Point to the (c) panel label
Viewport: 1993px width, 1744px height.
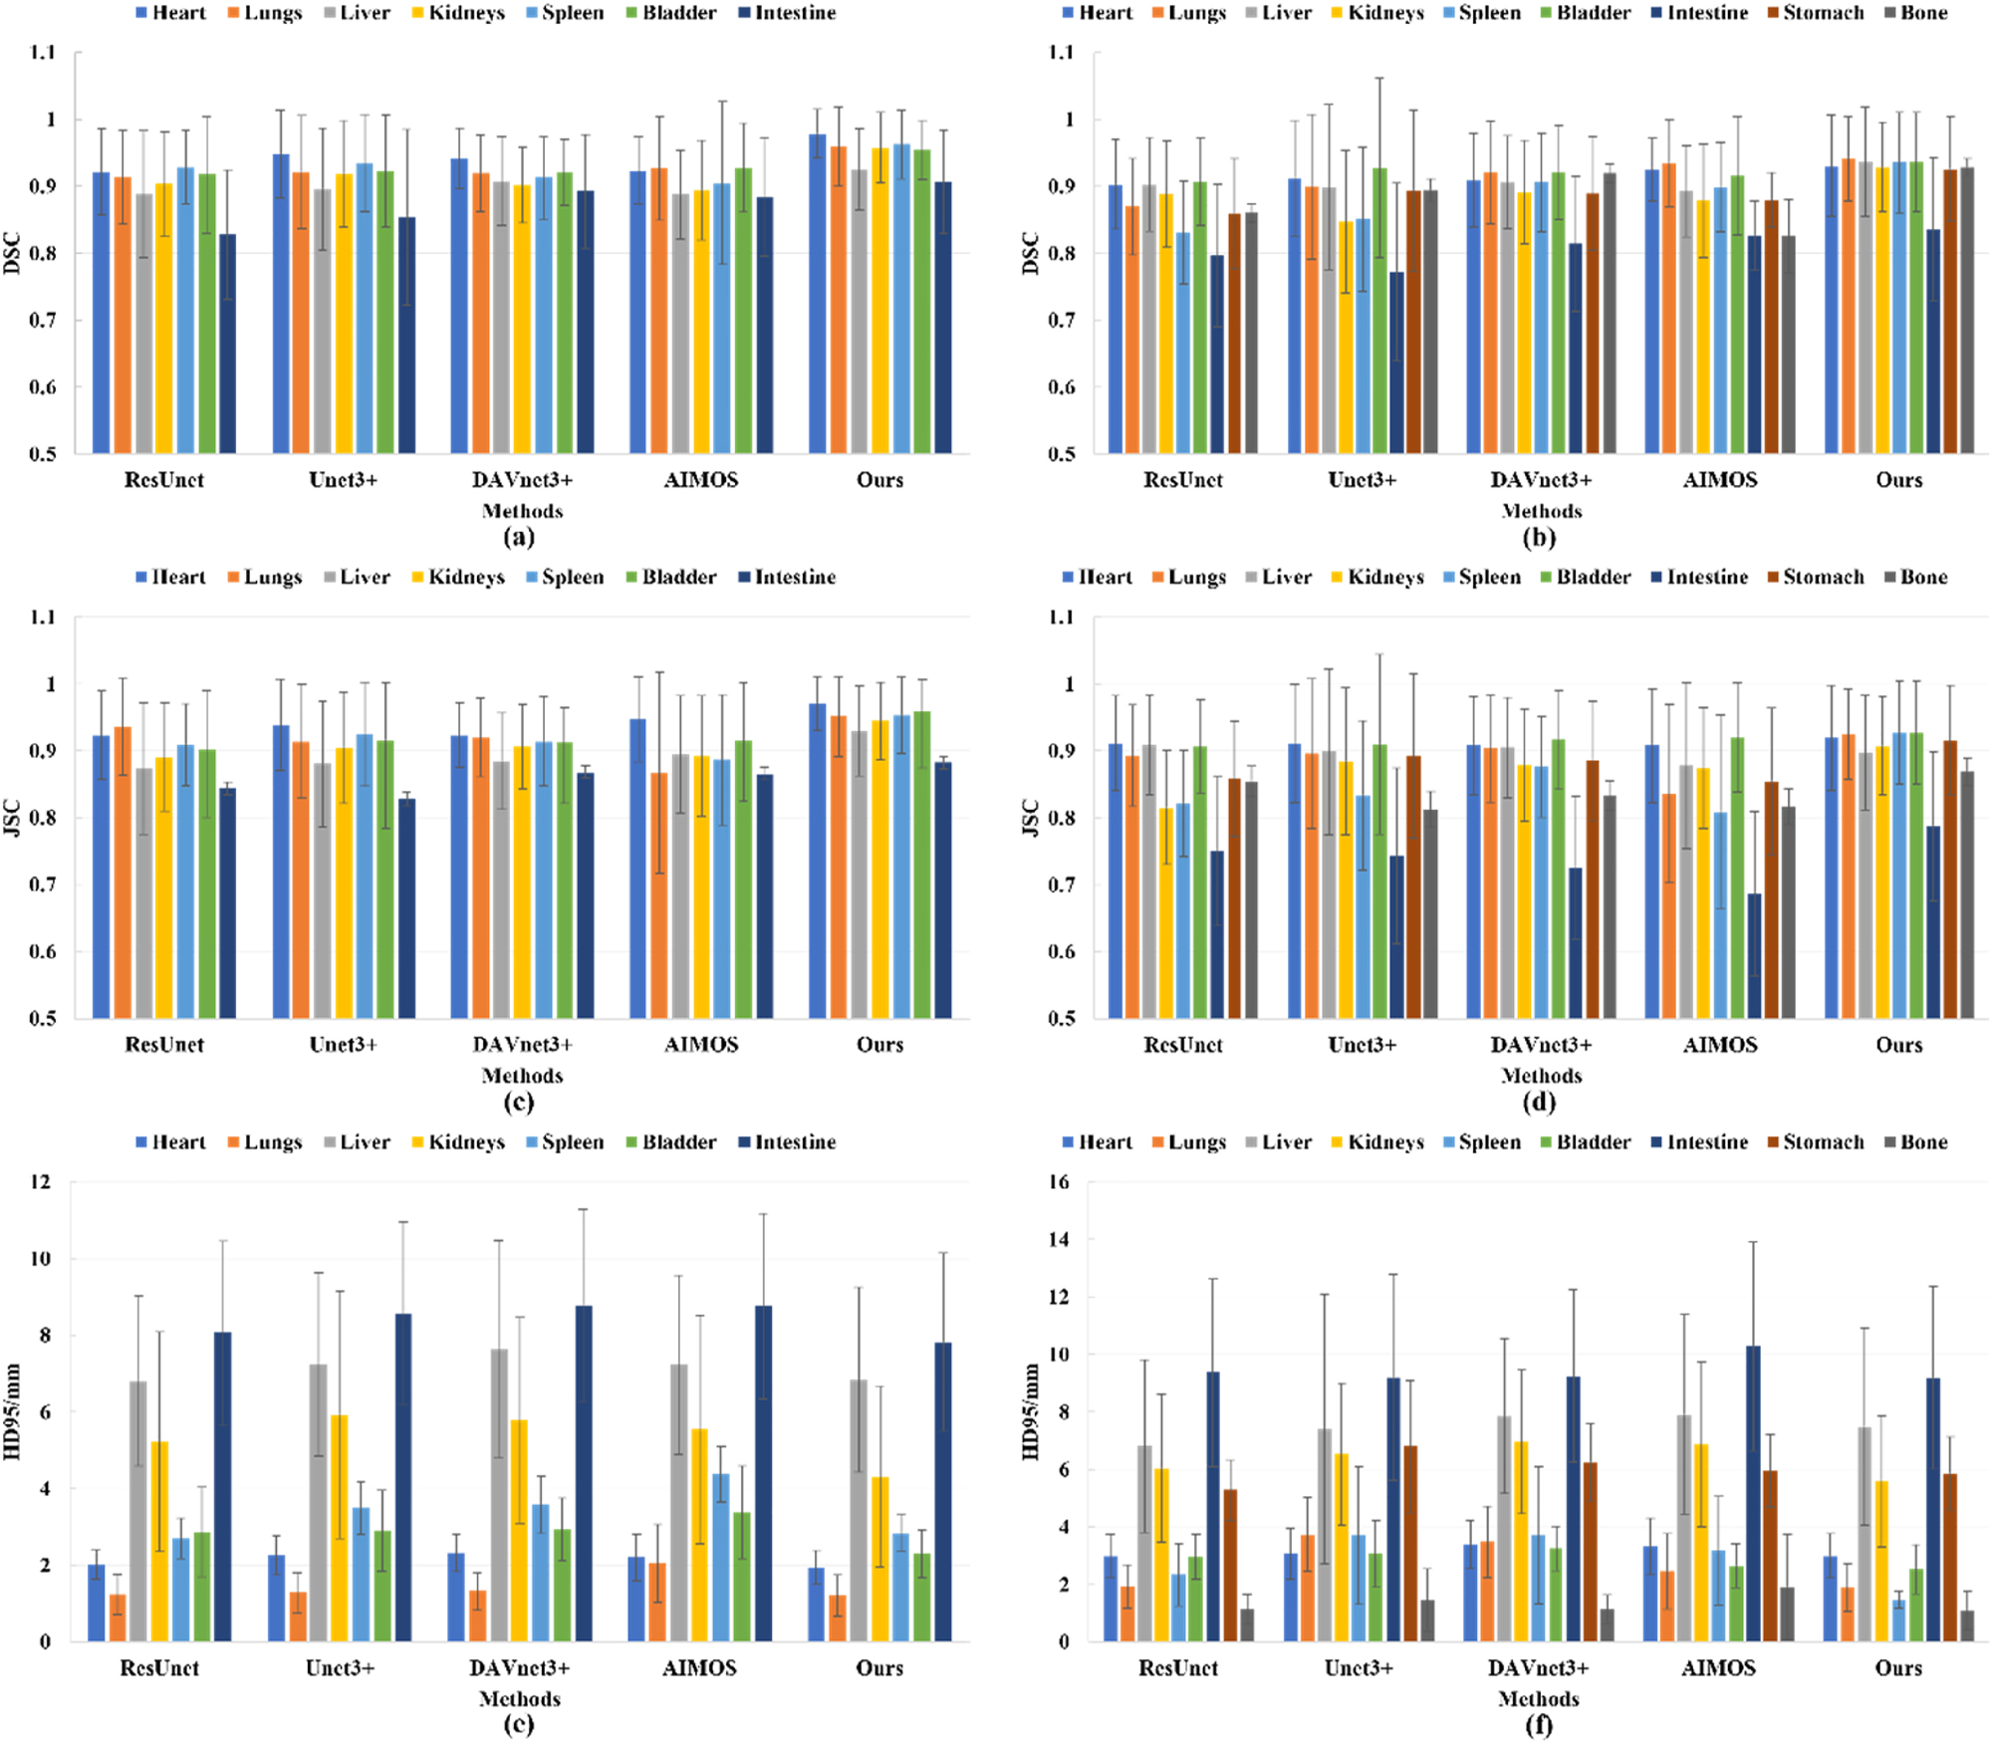click(x=519, y=1103)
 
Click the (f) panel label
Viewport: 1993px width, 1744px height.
click(x=1539, y=1725)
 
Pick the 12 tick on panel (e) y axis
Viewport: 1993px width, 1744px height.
click(x=40, y=1182)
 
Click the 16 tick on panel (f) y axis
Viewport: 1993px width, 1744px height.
click(x=1059, y=1182)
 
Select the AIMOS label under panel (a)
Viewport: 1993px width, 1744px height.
click(x=701, y=480)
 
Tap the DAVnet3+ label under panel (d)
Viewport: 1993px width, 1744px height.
click(x=1541, y=1045)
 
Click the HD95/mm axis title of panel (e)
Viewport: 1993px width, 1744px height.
click(x=12, y=1412)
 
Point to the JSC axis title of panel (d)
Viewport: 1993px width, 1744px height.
click(x=1031, y=818)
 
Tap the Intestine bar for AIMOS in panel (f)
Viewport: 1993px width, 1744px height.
click(x=1753, y=1494)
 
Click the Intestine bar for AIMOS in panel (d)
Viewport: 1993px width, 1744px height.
click(x=1754, y=955)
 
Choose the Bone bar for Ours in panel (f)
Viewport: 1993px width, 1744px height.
click(x=1966, y=1625)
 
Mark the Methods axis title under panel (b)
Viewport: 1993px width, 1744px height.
click(x=1541, y=511)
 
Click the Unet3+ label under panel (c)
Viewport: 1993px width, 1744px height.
click(x=343, y=1045)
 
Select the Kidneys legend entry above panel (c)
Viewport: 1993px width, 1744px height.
click(x=465, y=578)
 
